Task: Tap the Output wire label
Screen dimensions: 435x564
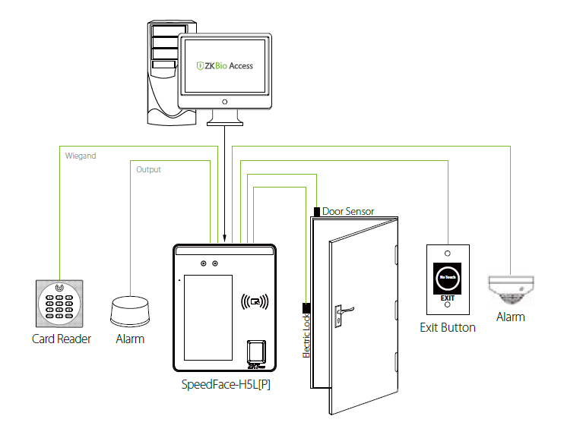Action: click(x=148, y=170)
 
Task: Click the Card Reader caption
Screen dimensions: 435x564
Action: click(x=62, y=339)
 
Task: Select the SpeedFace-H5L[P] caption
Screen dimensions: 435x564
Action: click(x=227, y=384)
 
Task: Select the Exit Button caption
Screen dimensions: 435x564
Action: click(x=448, y=328)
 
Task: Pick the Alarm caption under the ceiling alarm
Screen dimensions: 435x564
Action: click(x=510, y=317)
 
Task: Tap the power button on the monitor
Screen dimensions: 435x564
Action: click(x=224, y=101)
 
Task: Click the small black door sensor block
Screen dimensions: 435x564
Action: click(x=316, y=211)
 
